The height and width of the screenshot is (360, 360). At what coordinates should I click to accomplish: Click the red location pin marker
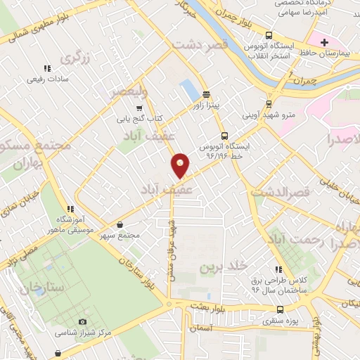point(181,165)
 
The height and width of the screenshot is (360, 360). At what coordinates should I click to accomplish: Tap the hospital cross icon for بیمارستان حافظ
point(323,43)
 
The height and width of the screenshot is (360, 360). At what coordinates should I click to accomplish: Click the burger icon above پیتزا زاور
point(205,94)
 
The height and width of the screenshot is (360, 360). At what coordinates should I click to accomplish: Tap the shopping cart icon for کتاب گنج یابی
point(139,108)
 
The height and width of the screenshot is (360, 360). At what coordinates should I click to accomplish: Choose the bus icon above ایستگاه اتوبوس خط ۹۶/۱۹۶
point(224,136)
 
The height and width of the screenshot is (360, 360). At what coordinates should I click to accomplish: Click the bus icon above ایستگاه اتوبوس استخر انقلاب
point(268,36)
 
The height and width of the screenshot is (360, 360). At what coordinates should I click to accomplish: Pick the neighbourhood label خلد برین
point(224,266)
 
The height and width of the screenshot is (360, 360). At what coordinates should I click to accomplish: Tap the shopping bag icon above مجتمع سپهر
point(122,225)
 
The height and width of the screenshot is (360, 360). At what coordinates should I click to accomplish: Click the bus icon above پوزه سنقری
point(280,309)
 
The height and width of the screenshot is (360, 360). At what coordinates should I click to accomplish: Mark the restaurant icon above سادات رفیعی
point(47,68)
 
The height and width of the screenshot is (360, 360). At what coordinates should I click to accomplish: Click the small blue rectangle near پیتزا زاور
point(189,89)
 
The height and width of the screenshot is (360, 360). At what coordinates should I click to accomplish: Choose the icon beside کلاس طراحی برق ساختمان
point(279,269)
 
